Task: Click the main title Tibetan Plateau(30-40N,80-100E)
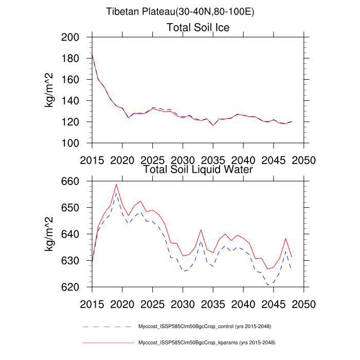click(x=180, y=12)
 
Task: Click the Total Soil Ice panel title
click(x=198, y=27)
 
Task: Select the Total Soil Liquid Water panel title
click(x=198, y=169)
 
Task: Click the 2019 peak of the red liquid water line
click(x=116, y=184)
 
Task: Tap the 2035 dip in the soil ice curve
click(x=213, y=125)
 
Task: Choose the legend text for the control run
click(x=205, y=327)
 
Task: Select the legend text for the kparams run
click(x=205, y=342)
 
